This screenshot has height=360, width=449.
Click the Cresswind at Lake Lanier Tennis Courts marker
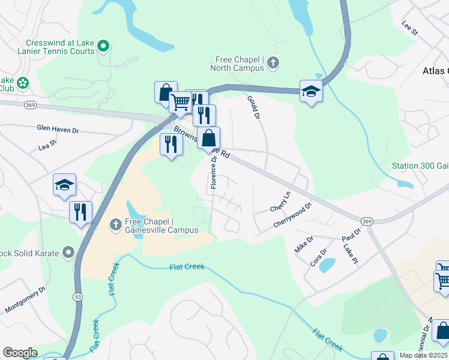(103, 45)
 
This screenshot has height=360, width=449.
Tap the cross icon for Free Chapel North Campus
(273, 62)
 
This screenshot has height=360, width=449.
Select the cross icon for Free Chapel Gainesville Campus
(116, 224)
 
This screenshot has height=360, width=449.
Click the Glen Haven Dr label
(58, 130)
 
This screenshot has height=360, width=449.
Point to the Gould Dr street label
(253, 107)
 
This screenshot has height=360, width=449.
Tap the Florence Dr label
(214, 173)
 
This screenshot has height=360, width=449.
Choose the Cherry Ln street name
(280, 202)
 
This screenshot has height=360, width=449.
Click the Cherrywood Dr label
(292, 215)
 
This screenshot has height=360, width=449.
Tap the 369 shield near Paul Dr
(368, 221)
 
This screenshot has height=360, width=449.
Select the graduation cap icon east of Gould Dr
(311, 91)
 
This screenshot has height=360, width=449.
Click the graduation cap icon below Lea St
(64, 185)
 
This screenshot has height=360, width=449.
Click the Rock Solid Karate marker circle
(68, 253)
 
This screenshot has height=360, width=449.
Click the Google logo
(20, 353)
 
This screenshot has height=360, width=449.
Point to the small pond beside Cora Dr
(328, 264)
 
